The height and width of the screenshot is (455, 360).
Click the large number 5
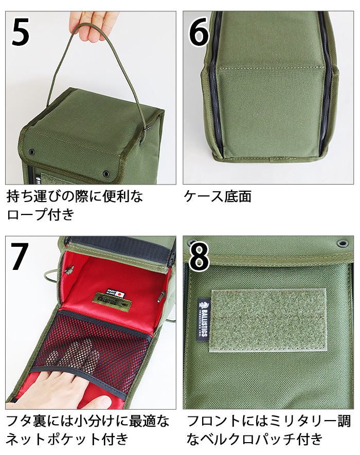[x=21, y=32]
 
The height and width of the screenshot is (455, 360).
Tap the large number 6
[x=199, y=32]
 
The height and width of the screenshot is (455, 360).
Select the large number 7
[x=20, y=257]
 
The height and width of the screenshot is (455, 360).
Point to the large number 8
[x=199, y=257]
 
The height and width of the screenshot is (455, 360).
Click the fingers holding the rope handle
[x=91, y=26]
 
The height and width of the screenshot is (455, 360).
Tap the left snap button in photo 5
[x=31, y=153]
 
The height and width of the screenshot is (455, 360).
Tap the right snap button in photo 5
[x=106, y=173]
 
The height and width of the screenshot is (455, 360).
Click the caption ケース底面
[x=217, y=196]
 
